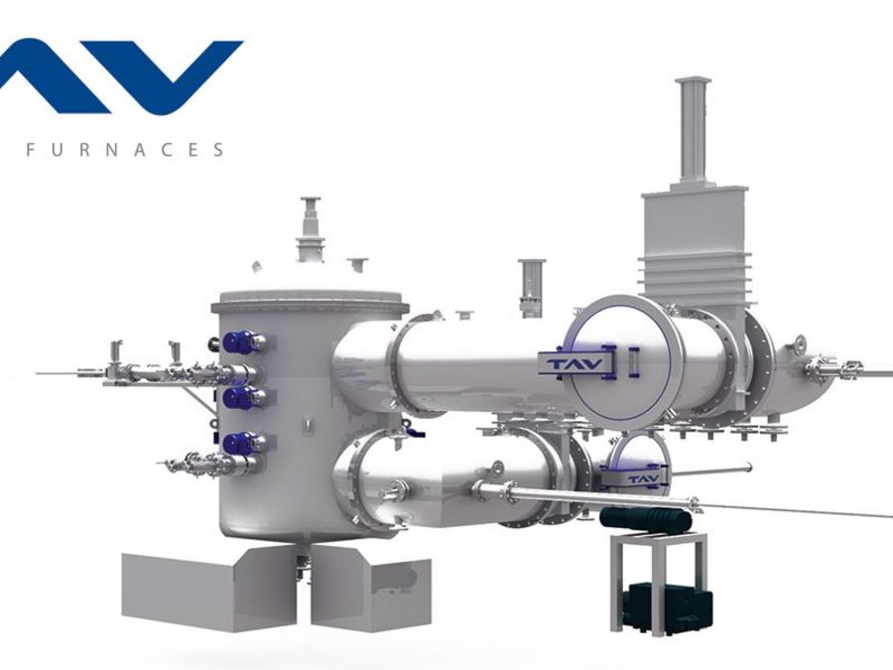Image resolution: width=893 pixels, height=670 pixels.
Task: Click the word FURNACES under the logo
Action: coord(125,150)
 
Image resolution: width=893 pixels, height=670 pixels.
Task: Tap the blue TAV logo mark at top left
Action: coord(121,76)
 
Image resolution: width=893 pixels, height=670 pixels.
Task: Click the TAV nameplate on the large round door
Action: coord(575,363)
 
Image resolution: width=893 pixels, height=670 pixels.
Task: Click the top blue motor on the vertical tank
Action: coord(237,342)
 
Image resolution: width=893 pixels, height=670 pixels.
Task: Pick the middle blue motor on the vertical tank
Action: coord(237,397)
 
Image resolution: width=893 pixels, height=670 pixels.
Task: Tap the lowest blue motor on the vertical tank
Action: coord(237,444)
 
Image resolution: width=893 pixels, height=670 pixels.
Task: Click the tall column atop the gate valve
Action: coord(692,134)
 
